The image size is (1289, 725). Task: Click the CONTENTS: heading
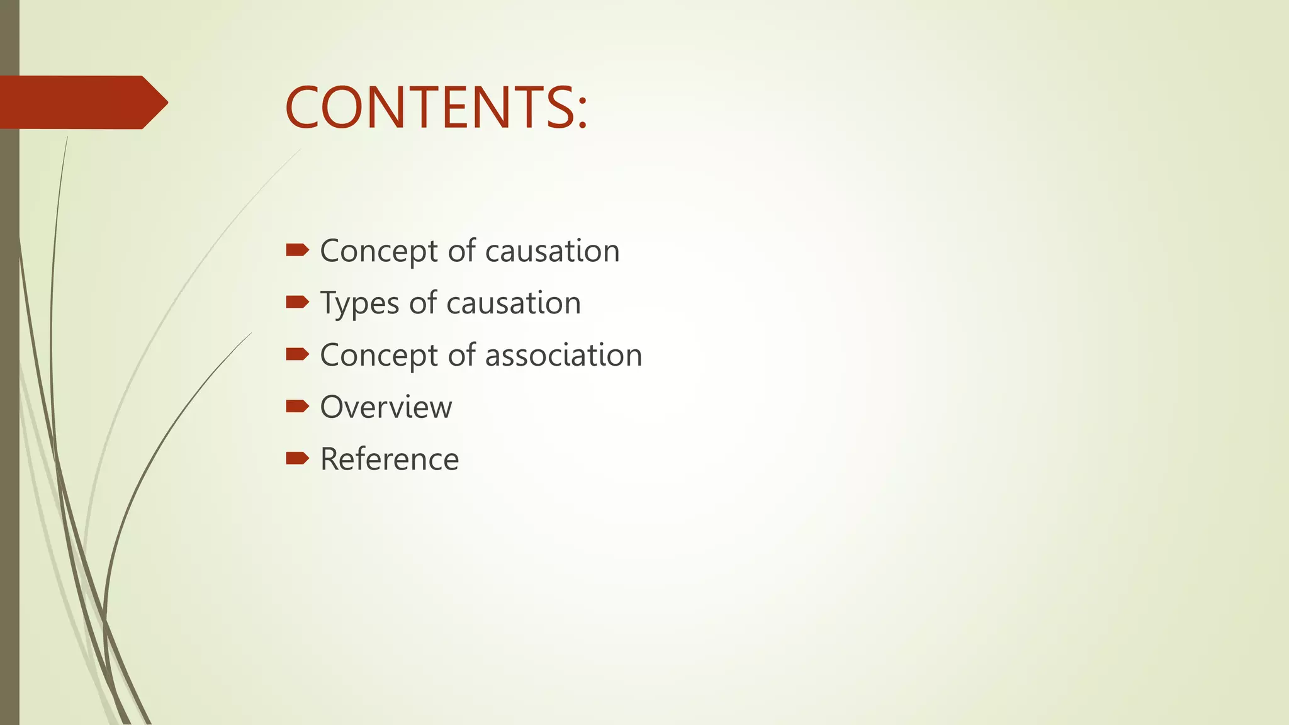click(x=436, y=108)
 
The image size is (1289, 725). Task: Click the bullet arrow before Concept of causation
click(x=297, y=250)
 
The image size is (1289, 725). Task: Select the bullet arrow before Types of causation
click(x=297, y=303)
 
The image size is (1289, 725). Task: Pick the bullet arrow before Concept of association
click(x=297, y=355)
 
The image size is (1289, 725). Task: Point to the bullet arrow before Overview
click(x=297, y=407)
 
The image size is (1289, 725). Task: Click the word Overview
click(x=386, y=407)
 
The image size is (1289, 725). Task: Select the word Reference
click(x=390, y=459)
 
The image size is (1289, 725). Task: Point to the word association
click(x=563, y=356)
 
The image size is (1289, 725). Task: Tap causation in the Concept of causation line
click(x=553, y=251)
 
